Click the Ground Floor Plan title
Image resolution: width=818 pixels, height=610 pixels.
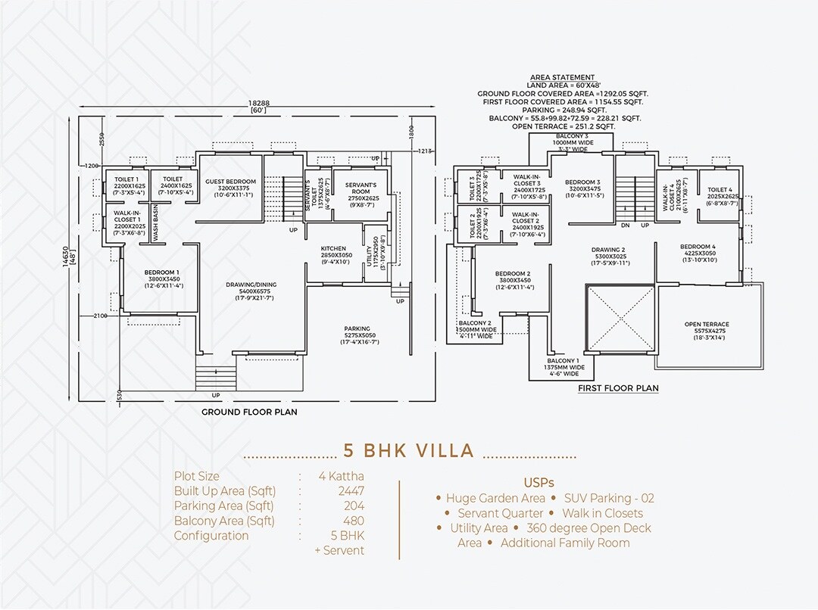(x=249, y=412)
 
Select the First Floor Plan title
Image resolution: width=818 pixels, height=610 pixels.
(x=618, y=388)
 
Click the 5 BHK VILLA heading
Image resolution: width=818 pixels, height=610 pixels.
(x=409, y=451)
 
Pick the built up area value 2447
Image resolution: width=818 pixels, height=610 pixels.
(x=351, y=490)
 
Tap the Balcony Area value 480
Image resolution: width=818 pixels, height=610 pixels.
(x=354, y=521)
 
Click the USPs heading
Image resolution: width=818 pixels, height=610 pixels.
(x=539, y=482)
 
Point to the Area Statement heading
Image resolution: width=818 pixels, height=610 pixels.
(x=562, y=77)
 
